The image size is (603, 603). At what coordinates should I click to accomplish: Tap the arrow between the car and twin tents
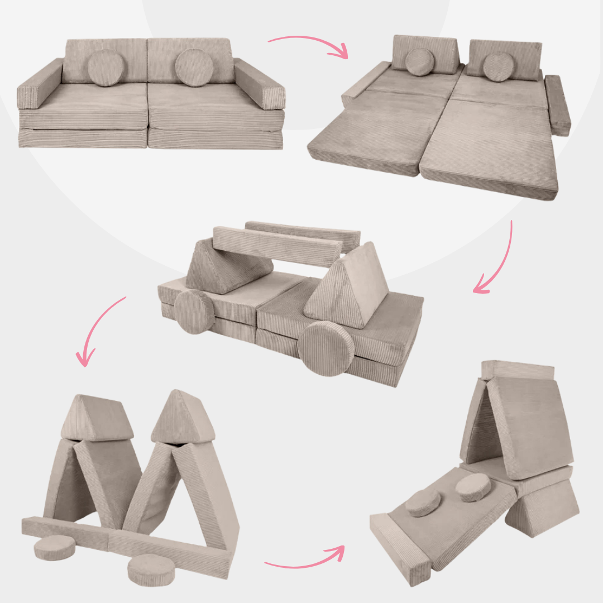(x=100, y=329)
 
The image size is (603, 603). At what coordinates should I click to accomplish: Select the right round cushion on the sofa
(x=194, y=68)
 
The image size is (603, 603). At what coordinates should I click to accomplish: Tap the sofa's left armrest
(x=39, y=84)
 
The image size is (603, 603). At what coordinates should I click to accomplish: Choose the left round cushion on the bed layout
(x=420, y=61)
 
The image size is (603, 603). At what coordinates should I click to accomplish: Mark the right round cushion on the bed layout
(x=498, y=67)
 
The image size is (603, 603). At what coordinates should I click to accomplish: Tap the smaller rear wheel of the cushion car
(x=194, y=312)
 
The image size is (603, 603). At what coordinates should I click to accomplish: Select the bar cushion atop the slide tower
(x=518, y=370)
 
